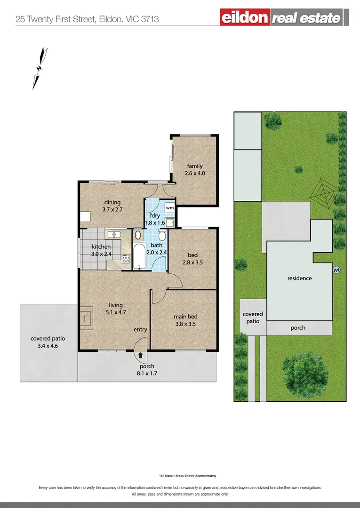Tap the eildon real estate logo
pos(284,18)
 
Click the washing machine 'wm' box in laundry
pos(170,207)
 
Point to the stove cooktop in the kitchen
pos(126,258)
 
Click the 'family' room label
pos(195,166)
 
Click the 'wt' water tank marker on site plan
pos(336,270)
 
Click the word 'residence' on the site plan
pos(300,278)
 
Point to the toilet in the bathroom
pos(162,236)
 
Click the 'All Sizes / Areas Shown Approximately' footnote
pos(187,476)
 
